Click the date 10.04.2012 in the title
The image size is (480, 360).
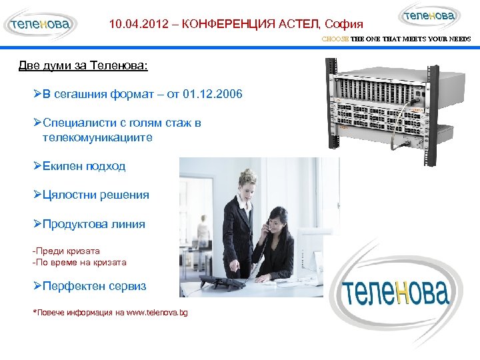pos(139,25)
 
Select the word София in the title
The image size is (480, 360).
pos(344,25)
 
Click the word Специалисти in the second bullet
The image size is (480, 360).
pos(80,123)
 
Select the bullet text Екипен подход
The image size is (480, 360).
pos(83,166)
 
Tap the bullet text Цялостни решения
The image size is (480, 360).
pos(95,195)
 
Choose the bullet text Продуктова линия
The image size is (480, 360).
pos(93,224)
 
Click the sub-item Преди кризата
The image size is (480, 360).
pos(67,251)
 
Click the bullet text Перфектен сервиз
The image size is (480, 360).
pos(94,286)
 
